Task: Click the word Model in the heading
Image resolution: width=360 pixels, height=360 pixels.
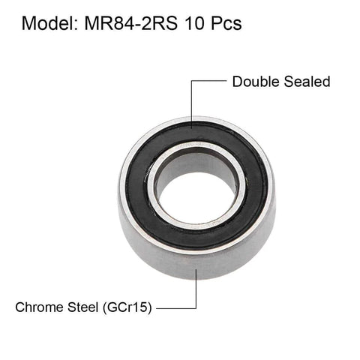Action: coord(46,23)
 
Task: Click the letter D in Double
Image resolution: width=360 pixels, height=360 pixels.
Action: coord(237,81)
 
